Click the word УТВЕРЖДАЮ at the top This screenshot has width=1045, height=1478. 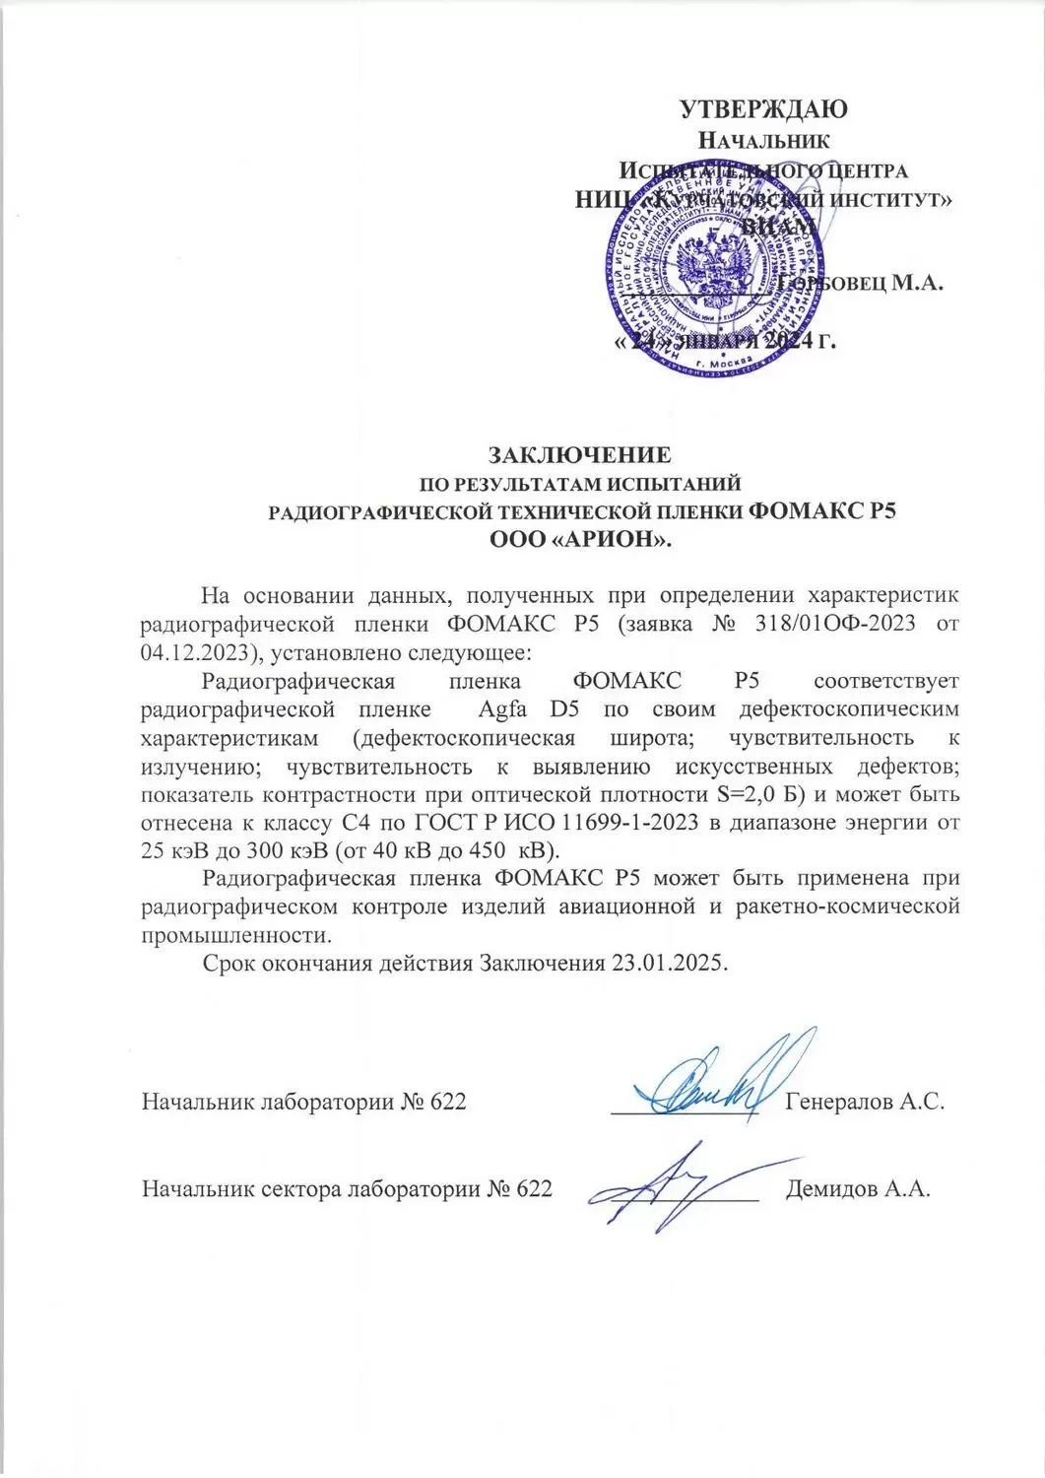coord(764,108)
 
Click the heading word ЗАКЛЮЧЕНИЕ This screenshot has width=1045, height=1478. coord(581,455)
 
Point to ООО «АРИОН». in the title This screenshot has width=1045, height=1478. coord(580,538)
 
